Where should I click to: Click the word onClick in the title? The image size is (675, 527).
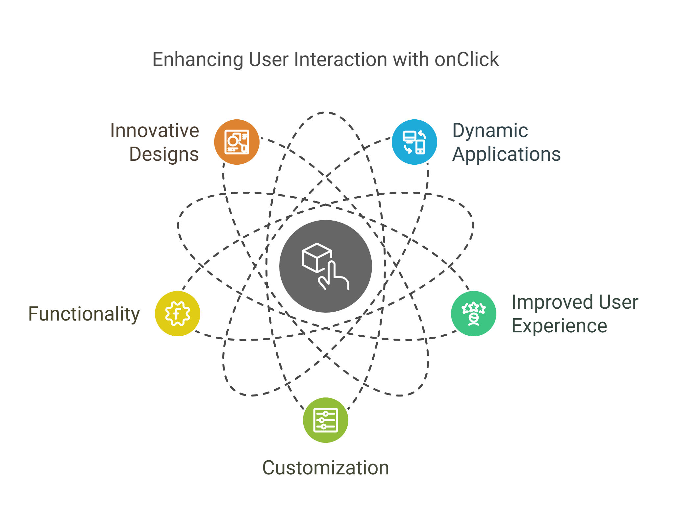(467, 60)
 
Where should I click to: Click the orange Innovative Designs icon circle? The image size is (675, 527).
(237, 142)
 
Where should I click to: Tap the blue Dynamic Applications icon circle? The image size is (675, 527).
(414, 142)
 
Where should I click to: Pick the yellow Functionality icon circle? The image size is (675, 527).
(178, 314)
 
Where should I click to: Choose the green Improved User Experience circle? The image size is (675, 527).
(474, 314)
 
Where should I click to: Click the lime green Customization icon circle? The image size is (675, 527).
(326, 420)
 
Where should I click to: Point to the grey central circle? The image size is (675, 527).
(326, 266)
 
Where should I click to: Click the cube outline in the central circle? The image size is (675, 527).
(316, 258)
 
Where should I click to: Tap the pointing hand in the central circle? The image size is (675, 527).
(333, 275)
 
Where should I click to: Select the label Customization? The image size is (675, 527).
(326, 468)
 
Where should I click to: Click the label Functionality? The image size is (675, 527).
(84, 314)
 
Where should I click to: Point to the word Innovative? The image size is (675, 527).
(155, 131)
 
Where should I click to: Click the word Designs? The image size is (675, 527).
(164, 155)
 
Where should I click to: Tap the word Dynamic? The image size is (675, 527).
(490, 131)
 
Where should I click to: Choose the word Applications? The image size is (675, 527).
(507, 155)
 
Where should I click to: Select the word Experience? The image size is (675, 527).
(559, 326)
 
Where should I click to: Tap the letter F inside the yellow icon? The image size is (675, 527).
(177, 314)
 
